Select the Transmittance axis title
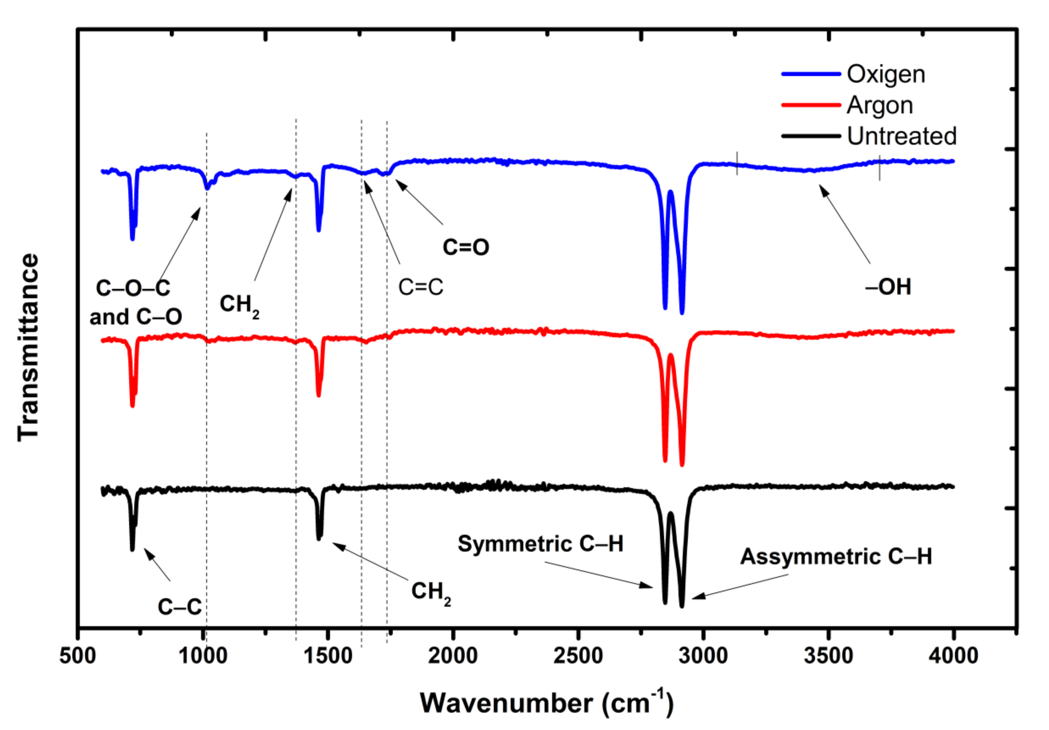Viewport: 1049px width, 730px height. [x=28, y=347]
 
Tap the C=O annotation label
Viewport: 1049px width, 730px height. [x=465, y=247]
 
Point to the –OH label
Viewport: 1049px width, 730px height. [x=888, y=287]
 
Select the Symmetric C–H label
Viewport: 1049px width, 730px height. [x=541, y=544]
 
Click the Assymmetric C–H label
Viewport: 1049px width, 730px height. [x=836, y=557]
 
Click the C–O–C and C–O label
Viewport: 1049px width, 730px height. [x=135, y=302]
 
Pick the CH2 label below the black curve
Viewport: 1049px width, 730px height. [x=431, y=592]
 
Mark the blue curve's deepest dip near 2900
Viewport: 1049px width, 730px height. [x=682, y=312]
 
